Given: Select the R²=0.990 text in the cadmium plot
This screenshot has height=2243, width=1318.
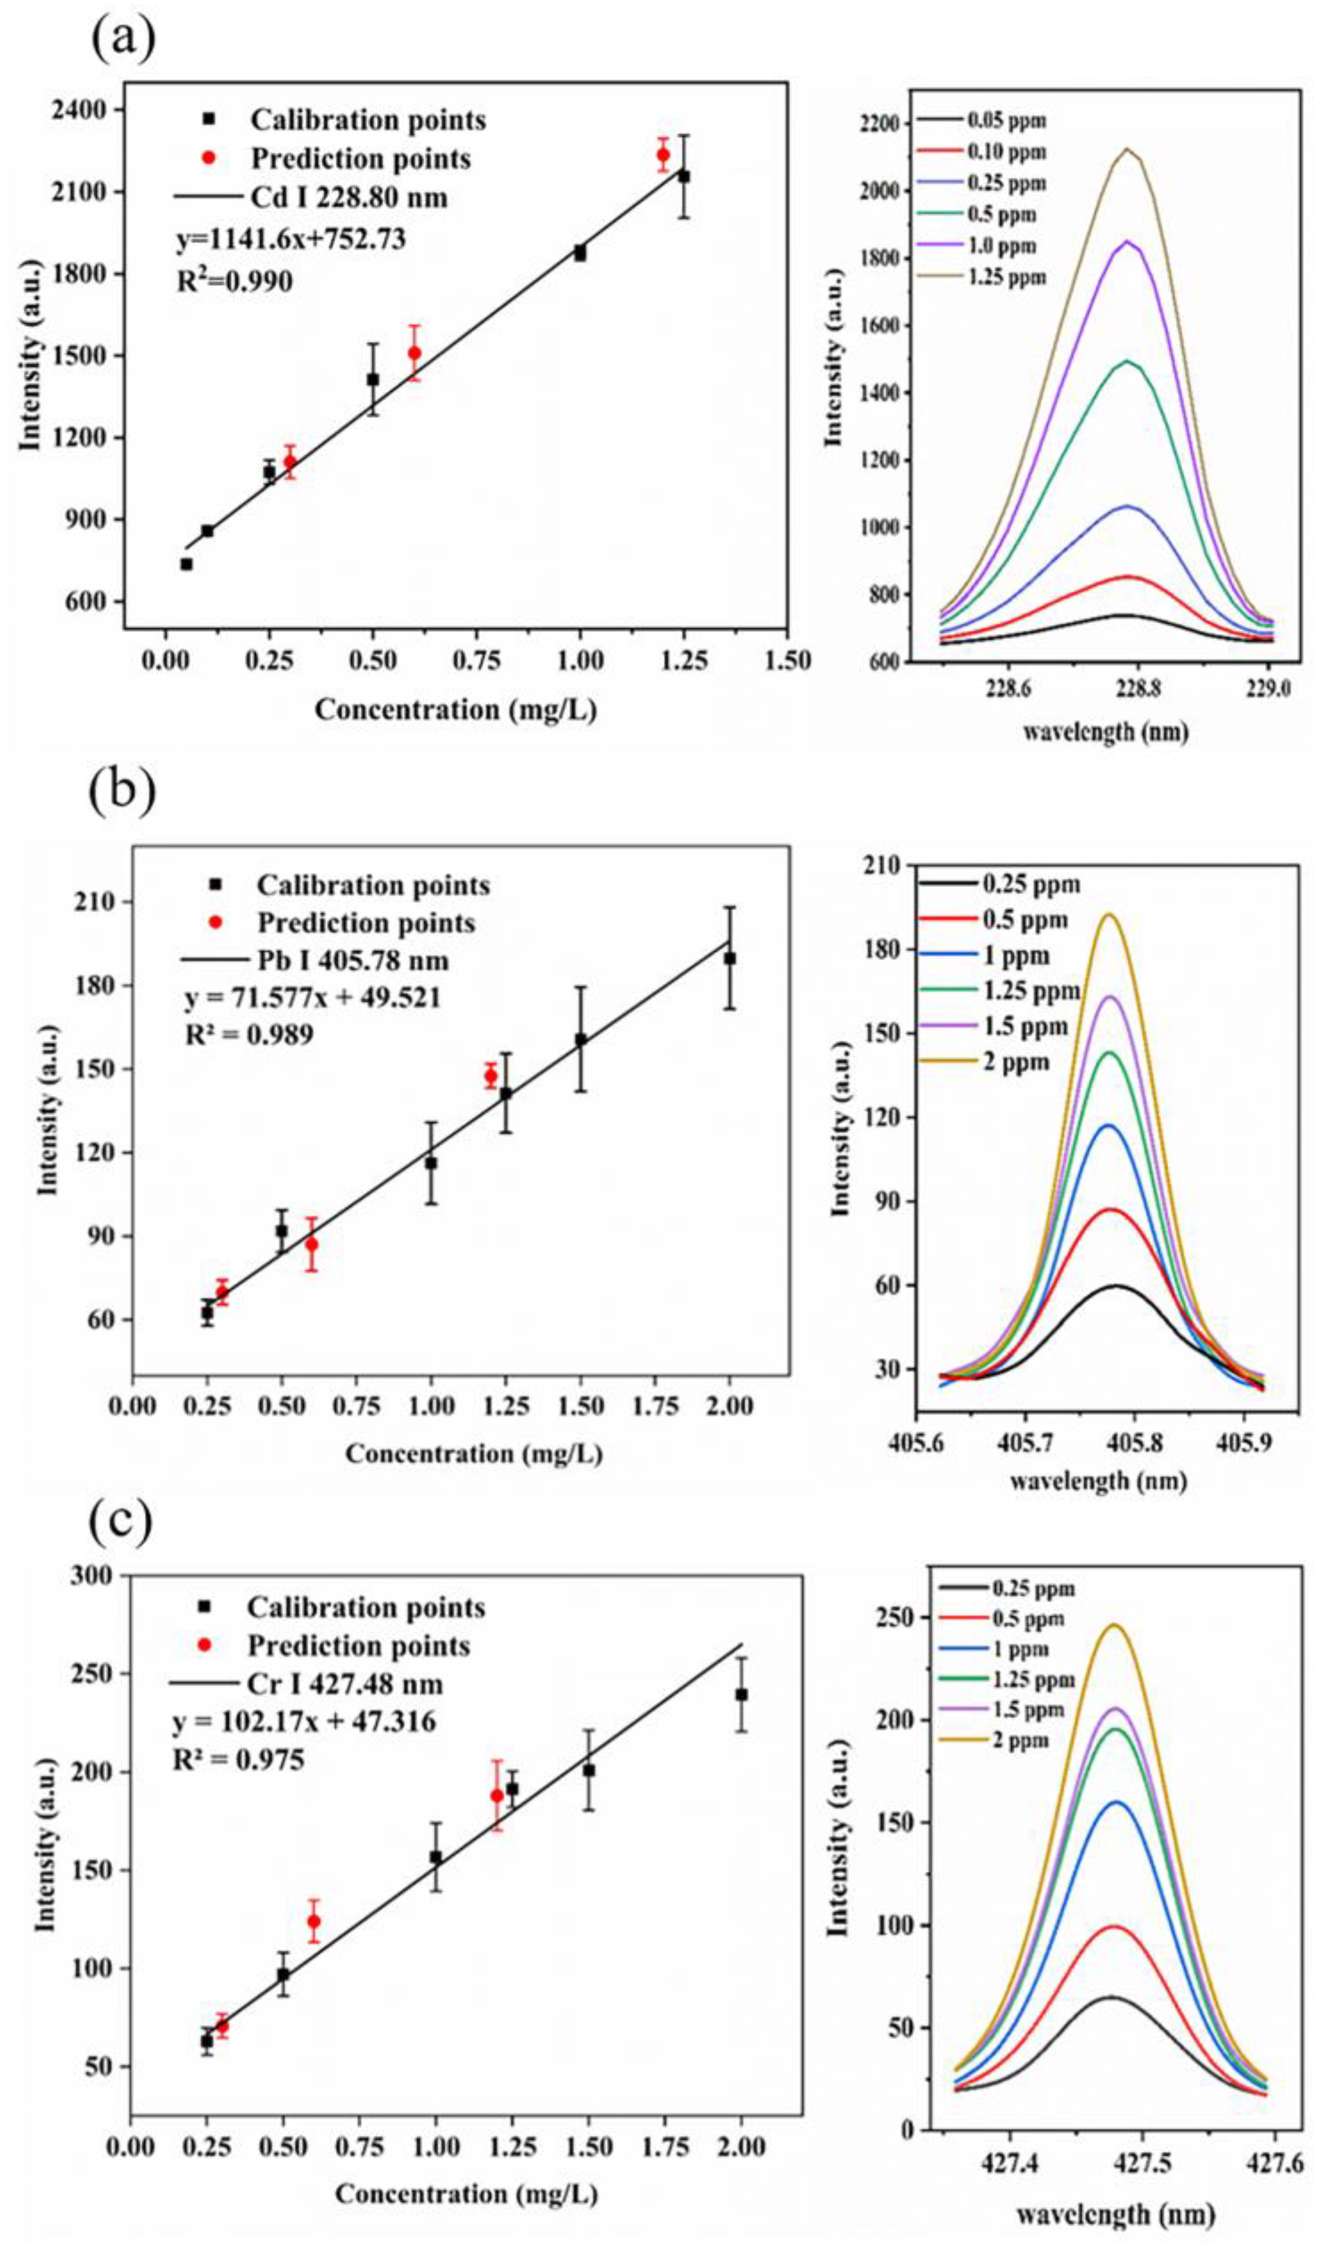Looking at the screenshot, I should (234, 281).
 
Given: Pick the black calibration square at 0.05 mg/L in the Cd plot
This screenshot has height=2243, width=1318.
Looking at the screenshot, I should (186, 564).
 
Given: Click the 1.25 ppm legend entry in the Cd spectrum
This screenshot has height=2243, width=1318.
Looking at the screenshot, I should (1007, 277).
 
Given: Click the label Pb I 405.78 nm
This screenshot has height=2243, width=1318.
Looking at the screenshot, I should (352, 960).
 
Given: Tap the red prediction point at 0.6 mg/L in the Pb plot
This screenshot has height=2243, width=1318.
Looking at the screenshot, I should (311, 1245).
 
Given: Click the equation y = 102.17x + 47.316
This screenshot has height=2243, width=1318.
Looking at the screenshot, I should (304, 1722).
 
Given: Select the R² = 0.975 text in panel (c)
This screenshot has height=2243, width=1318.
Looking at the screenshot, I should (238, 1760).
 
